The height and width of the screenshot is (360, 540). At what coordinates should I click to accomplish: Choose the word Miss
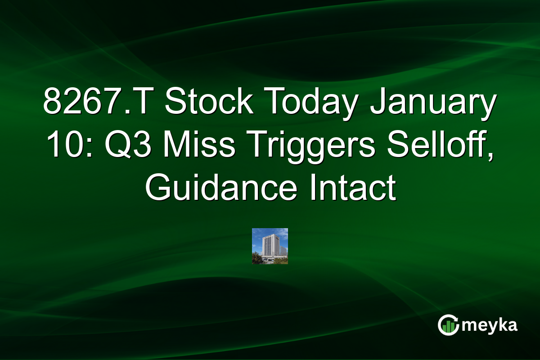[180, 146]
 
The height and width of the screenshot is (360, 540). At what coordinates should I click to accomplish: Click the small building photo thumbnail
[270, 246]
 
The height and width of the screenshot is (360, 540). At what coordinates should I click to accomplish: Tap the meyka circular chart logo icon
[448, 325]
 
